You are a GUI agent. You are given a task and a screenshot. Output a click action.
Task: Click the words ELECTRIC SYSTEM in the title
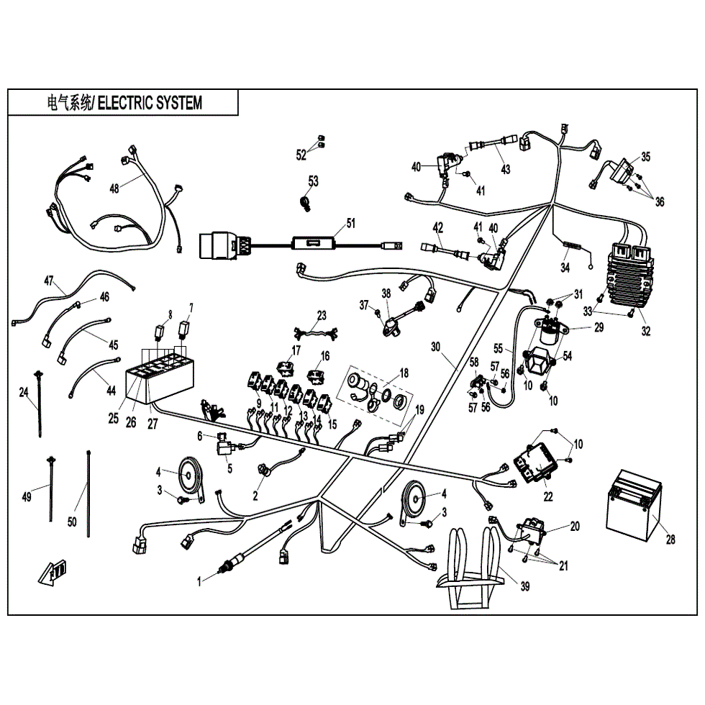[x=150, y=103]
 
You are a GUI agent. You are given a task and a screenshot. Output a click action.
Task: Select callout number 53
[x=313, y=181]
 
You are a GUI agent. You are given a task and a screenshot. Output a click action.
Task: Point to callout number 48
[x=114, y=188]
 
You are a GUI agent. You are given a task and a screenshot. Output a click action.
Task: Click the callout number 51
[x=350, y=223]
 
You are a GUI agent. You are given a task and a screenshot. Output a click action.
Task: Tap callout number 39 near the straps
[x=524, y=587]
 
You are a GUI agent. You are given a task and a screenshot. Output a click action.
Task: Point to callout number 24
[x=23, y=392]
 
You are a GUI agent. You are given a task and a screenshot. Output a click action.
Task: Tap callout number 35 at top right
[x=645, y=156]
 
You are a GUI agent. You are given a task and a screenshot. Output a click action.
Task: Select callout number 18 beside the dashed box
[x=404, y=373]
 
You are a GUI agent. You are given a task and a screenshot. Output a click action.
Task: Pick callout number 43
[x=506, y=170]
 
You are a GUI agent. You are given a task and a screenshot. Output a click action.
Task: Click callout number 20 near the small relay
[x=574, y=526]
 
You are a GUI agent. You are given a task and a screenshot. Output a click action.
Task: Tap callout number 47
[x=49, y=281]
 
